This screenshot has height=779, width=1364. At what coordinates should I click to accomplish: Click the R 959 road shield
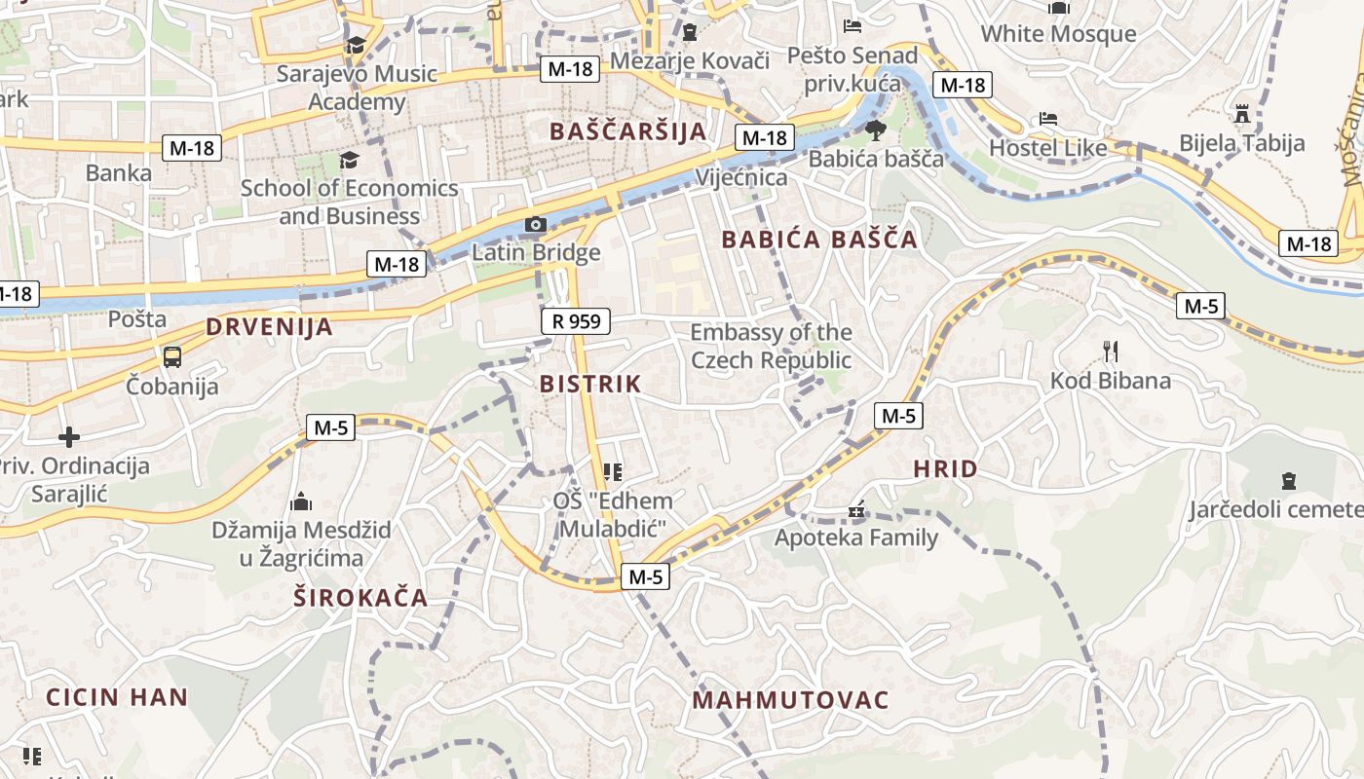tap(575, 320)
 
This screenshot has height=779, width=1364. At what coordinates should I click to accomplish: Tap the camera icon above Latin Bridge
tap(535, 225)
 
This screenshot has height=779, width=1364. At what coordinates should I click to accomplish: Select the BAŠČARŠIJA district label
tap(627, 131)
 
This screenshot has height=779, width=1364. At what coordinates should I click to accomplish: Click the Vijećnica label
tap(741, 177)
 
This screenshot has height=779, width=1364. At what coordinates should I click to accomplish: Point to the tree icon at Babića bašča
tap(875, 130)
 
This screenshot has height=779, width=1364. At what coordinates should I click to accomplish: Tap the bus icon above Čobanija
tap(172, 356)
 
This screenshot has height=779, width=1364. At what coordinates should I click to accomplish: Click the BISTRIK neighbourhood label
tap(590, 384)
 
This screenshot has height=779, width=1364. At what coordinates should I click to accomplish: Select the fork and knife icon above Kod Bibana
tap(1109, 351)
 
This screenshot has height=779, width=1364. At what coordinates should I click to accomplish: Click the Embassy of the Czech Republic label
tap(771, 347)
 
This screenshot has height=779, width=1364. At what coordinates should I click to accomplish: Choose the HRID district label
tap(945, 469)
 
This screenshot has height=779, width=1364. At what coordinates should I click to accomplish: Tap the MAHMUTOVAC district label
tap(790, 700)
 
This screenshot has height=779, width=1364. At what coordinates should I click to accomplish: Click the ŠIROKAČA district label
tap(360, 598)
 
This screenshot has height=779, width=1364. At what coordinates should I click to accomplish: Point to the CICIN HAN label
tap(117, 697)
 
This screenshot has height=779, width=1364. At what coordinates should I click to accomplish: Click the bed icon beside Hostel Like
tap(1048, 119)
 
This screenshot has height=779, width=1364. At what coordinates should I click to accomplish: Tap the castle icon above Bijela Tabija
tap(1241, 114)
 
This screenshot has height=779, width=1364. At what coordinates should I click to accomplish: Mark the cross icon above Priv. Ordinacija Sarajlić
tap(69, 436)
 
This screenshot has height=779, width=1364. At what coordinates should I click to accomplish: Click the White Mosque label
tap(1058, 34)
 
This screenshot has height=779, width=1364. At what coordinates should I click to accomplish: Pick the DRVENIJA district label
tap(269, 327)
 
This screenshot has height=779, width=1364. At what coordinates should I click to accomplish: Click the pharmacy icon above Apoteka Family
tap(856, 509)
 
